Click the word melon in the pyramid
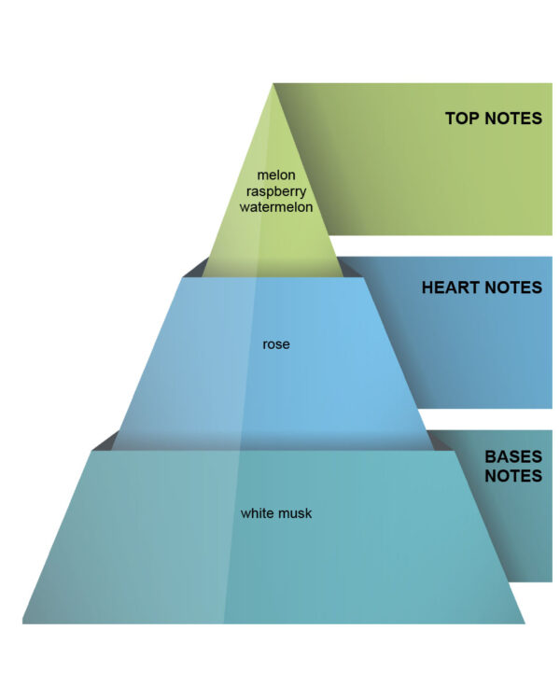[276, 175]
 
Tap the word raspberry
[276, 191]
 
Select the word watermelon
[276, 207]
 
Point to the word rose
[276, 344]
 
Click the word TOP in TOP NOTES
[462, 119]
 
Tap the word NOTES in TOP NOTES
[513, 119]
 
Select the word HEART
[451, 287]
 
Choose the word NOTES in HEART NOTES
[513, 287]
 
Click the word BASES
[513, 456]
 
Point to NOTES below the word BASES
[513, 476]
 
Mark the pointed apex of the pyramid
[273, 83]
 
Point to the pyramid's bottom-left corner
[22, 623]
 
